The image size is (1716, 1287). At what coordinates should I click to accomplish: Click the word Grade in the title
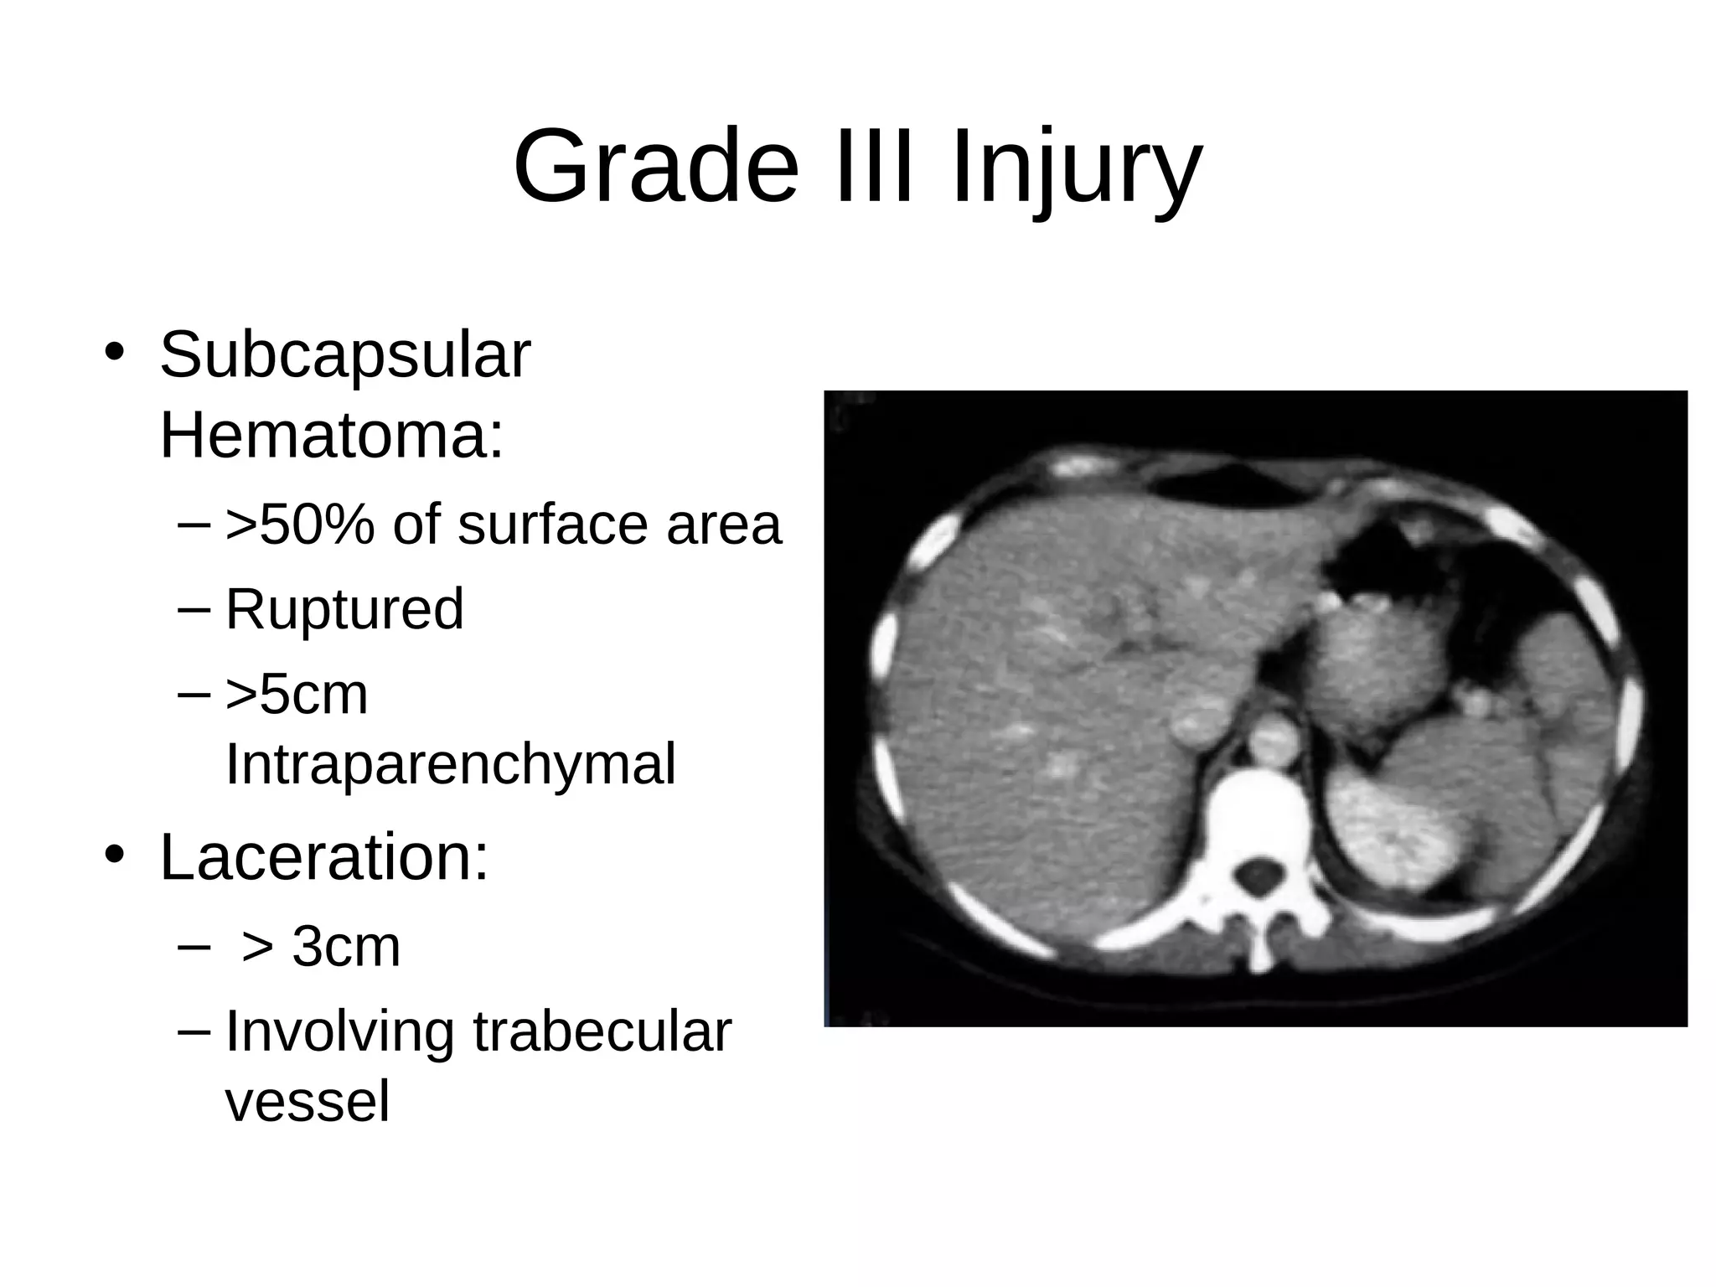click(x=656, y=167)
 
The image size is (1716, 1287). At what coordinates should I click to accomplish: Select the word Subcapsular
click(x=344, y=356)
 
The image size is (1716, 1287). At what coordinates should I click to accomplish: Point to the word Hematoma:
click(x=332, y=436)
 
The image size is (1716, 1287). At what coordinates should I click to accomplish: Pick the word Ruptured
click(x=344, y=609)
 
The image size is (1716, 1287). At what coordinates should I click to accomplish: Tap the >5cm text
click(x=297, y=695)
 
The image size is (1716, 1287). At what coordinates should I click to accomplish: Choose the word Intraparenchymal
click(x=451, y=764)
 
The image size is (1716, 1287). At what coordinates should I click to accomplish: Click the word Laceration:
click(x=324, y=858)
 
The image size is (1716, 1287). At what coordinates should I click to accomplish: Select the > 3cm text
click(x=321, y=947)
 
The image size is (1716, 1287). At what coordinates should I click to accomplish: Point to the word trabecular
click(x=602, y=1031)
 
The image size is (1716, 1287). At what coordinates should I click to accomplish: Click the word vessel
click(x=308, y=1102)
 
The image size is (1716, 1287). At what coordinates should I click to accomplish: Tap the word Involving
click(x=339, y=1033)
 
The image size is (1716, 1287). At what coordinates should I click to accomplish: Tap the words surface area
click(x=619, y=525)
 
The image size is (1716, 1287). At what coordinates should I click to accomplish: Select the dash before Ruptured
click(x=194, y=609)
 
